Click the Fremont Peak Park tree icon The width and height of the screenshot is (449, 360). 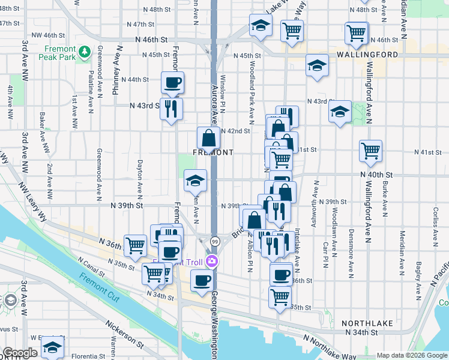[85, 52]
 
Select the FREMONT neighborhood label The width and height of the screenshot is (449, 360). [212, 152]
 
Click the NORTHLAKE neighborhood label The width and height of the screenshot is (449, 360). [367, 323]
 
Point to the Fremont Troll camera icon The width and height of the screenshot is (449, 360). [211, 261]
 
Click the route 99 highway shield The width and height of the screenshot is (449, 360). [214, 241]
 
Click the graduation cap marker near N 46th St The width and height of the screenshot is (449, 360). [261, 25]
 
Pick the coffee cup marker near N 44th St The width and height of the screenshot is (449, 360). [172, 82]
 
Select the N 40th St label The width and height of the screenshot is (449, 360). [376, 174]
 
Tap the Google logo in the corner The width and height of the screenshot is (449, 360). [20, 353]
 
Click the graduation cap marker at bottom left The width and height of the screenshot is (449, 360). [53, 347]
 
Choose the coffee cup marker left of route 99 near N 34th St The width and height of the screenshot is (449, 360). [202, 280]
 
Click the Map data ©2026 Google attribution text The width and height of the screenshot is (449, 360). [412, 355]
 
